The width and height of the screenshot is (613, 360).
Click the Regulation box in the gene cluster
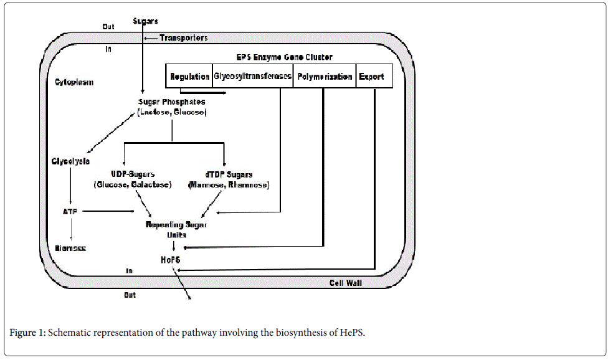pyautogui.click(x=189, y=77)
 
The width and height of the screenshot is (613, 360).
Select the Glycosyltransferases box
pyautogui.click(x=252, y=77)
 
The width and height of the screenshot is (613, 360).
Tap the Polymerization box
pyautogui.click(x=324, y=77)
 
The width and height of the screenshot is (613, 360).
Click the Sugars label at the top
pyautogui.click(x=145, y=21)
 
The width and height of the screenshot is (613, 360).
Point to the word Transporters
pyautogui.click(x=183, y=38)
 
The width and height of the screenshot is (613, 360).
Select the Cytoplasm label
pyautogui.click(x=74, y=82)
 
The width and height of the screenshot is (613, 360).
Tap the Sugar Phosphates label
pyautogui.click(x=171, y=102)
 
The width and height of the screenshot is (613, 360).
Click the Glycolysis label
pyautogui.click(x=70, y=161)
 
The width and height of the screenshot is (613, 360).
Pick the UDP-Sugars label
pyautogui.click(x=132, y=174)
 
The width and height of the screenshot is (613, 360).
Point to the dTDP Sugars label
pyautogui.click(x=228, y=174)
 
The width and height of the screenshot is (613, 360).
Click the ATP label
pyautogui.click(x=69, y=211)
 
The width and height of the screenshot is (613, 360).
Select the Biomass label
pyautogui.click(x=69, y=248)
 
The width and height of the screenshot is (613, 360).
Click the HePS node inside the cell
pyautogui.click(x=174, y=258)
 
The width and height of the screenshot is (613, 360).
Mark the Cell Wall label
pyautogui.click(x=346, y=283)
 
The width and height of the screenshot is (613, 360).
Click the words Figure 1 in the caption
pyautogui.click(x=26, y=333)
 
